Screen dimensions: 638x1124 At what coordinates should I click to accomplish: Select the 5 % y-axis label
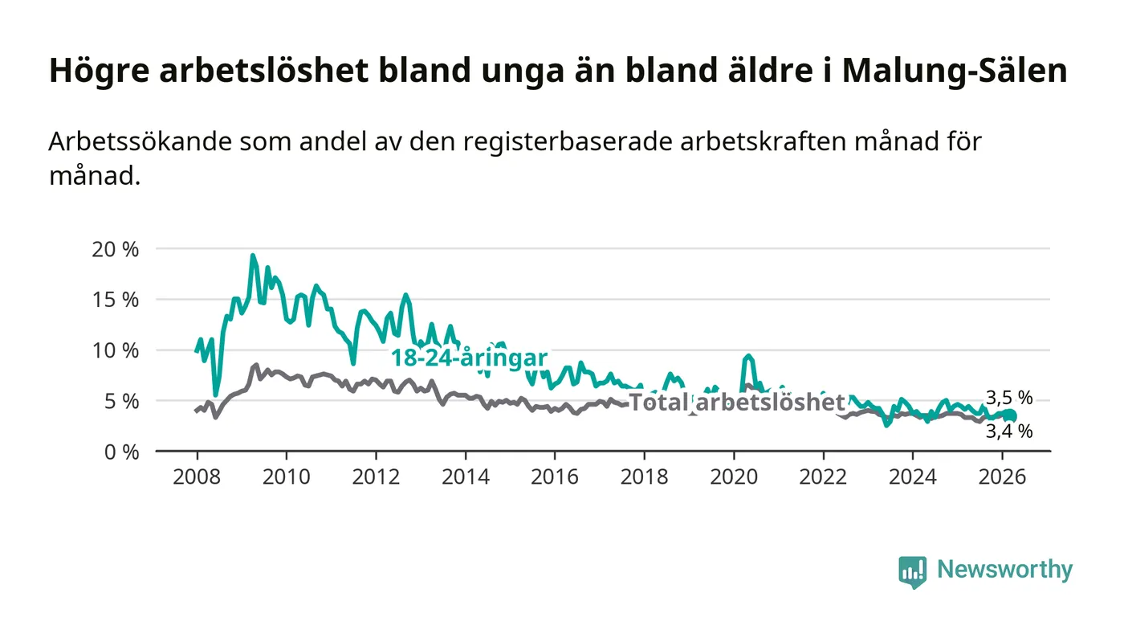122,401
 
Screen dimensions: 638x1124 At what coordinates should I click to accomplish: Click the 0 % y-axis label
122,452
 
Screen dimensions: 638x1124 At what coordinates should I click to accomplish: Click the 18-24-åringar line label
469,358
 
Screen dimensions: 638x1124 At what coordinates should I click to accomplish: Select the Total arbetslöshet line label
737,403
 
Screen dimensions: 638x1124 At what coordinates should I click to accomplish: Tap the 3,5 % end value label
1009,397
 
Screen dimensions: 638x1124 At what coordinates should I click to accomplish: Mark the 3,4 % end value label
1009,431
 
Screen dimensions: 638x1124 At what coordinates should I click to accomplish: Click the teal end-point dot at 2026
1011,415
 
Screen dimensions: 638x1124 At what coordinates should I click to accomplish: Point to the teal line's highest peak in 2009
253,256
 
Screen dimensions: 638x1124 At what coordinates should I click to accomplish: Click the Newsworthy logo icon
912,571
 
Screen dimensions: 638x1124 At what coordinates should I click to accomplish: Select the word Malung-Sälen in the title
955,71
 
